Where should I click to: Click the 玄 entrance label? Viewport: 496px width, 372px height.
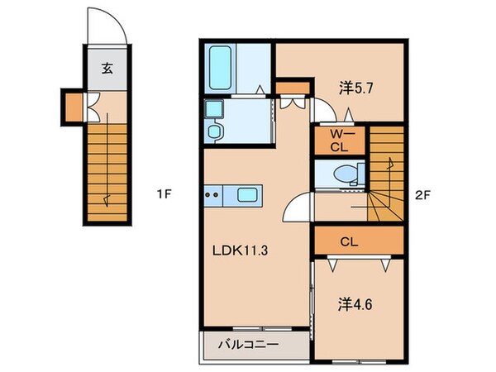coord(107,69)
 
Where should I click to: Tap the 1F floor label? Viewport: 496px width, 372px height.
coord(164,195)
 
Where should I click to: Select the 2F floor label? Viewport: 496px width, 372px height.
coord(423,195)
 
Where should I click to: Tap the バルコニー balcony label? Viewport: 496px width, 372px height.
coord(248,344)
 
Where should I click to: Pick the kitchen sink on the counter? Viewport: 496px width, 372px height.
coord(249,196)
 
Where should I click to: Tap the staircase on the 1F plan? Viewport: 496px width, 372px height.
coord(107,169)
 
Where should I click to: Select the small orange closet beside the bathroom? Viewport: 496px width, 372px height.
coord(291,88)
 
